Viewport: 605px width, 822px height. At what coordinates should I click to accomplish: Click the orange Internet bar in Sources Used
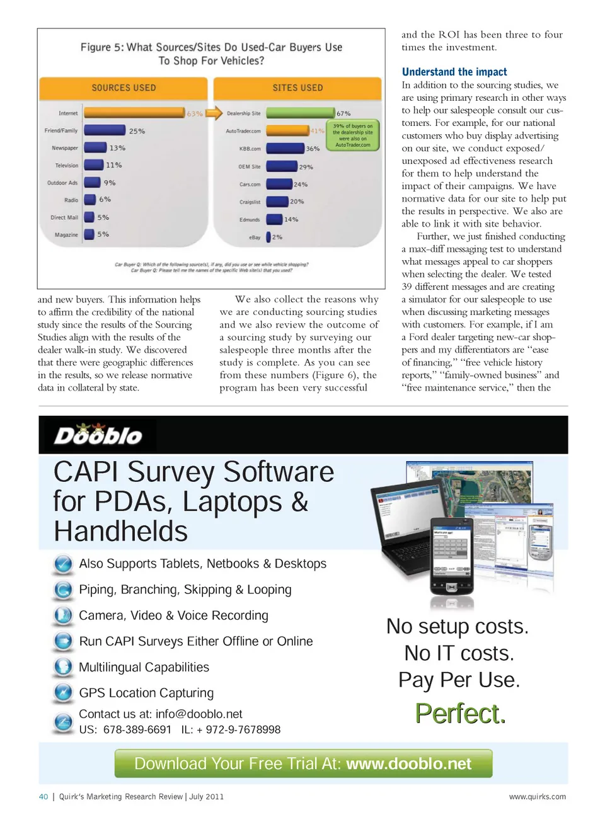[134, 113]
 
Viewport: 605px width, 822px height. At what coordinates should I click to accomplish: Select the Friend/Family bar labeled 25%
[105, 130]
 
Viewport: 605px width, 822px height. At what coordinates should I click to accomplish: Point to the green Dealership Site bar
[300, 113]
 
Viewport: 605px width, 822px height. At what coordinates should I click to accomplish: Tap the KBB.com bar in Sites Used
[285, 148]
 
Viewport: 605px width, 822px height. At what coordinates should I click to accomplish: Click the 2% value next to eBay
[277, 237]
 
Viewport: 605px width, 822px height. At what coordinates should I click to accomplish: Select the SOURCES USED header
[124, 88]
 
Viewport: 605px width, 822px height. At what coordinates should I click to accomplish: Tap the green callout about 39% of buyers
[353, 135]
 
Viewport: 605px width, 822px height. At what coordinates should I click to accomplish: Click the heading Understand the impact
[454, 72]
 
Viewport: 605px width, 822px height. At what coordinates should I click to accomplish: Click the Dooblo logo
[98, 435]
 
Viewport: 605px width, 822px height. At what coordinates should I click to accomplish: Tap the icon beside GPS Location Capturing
[63, 693]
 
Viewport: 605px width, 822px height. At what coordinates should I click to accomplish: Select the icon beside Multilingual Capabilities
[63, 667]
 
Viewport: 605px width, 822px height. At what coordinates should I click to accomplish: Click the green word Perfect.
[460, 714]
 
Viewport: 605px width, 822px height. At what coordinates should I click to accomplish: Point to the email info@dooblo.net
[199, 714]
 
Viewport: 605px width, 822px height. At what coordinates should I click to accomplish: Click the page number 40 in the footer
[43, 796]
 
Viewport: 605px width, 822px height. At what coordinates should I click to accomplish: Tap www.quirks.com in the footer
[538, 796]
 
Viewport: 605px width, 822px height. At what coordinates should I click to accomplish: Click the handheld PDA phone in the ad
[452, 556]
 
